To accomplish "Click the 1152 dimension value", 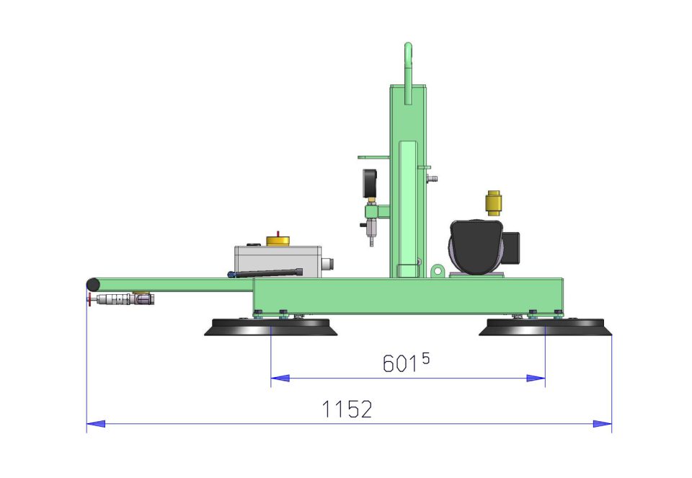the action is (x=347, y=409).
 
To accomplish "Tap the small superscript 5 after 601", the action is (x=425, y=358).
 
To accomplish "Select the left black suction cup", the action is (x=270, y=327).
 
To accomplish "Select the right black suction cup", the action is (x=546, y=327).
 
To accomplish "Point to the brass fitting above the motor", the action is (x=493, y=203).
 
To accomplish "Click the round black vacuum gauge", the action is (x=370, y=184).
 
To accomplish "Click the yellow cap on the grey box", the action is (x=278, y=241).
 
